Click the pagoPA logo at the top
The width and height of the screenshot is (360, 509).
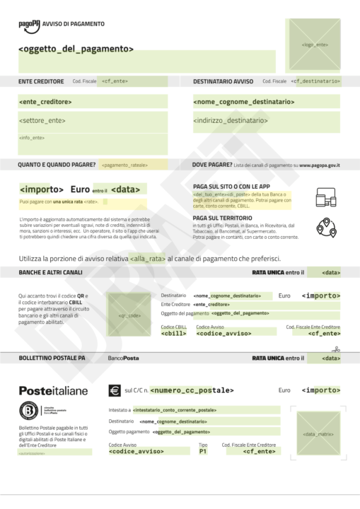pyautogui.click(x=29, y=24)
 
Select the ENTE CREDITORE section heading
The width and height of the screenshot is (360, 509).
pyautogui.click(x=41, y=81)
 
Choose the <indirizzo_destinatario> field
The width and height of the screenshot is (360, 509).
pyautogui.click(x=236, y=121)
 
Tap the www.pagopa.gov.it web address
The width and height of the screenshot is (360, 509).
pyautogui.click(x=320, y=165)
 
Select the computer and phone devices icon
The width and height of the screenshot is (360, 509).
pyautogui.click(x=325, y=197)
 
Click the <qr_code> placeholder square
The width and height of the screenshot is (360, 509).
pyautogui.click(x=128, y=314)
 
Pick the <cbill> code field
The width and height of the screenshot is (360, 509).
pyautogui.click(x=173, y=333)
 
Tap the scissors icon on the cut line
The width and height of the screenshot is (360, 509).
pyautogui.click(x=337, y=348)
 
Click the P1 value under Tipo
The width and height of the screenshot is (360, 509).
pyautogui.click(x=203, y=451)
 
